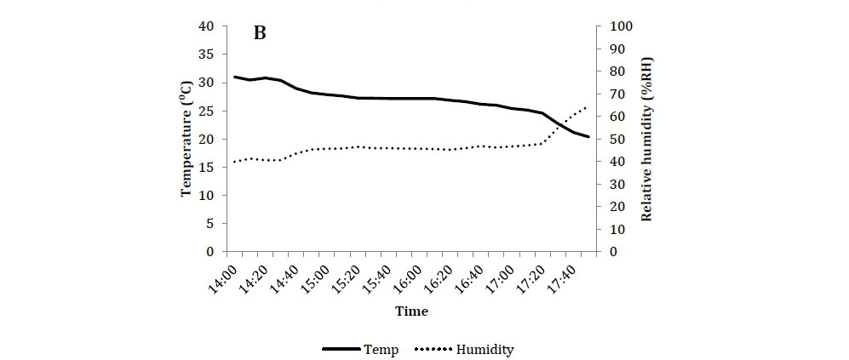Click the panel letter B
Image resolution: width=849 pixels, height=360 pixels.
tap(261, 34)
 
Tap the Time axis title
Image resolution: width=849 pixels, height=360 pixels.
tap(411, 311)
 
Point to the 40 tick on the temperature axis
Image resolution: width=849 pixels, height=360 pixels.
tap(206, 26)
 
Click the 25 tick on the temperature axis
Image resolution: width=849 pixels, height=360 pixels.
tap(206, 111)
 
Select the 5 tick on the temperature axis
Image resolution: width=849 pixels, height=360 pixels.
tap(209, 224)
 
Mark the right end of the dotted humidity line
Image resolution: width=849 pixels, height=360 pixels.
tap(587, 107)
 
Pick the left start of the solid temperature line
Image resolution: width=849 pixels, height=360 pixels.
tap(234, 77)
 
